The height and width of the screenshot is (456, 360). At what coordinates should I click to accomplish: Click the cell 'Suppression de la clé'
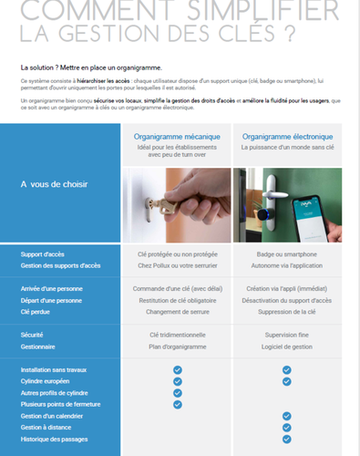point(286,311)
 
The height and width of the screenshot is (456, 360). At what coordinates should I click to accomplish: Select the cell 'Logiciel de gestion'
point(286,347)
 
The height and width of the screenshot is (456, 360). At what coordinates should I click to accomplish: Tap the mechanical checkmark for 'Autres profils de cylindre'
point(178,392)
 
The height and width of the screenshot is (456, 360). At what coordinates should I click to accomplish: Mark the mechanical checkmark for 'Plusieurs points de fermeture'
point(178,404)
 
